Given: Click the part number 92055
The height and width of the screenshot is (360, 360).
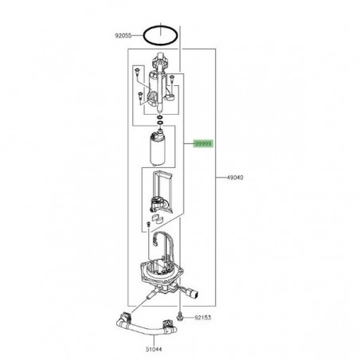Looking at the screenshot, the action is [123, 35].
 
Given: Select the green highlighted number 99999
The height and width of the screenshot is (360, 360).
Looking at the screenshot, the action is [203, 143].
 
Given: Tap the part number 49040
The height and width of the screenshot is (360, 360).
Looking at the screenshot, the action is [235, 178].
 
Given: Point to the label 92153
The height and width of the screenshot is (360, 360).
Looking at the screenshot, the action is [202, 318].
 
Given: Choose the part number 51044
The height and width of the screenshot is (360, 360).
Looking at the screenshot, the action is [154, 350].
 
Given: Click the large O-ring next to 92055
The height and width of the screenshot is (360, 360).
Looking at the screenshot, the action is [160, 35].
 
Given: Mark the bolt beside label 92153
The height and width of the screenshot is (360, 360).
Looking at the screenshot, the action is [180, 317].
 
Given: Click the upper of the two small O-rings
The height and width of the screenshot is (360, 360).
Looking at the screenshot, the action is [159, 117].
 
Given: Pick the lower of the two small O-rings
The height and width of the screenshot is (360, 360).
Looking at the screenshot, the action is [160, 123].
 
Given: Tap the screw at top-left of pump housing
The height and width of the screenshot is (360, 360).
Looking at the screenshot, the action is [137, 72].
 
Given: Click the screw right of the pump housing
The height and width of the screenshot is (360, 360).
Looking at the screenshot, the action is [172, 79].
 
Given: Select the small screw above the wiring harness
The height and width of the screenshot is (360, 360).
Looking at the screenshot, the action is [148, 225].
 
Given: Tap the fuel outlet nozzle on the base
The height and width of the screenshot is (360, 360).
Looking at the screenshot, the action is [150, 295].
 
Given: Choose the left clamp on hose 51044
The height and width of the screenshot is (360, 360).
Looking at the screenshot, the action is [126, 317].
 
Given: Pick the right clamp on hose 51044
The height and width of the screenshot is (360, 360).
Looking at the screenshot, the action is [167, 324].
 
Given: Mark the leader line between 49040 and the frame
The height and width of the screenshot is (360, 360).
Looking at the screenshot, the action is [221, 178].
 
